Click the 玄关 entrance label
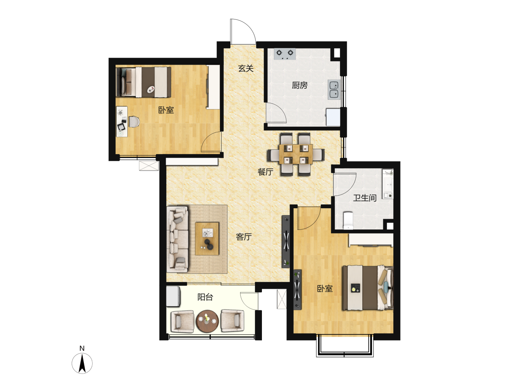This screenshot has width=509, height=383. pyautogui.click(x=246, y=69)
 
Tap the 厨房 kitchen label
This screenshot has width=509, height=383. pyautogui.click(x=300, y=85)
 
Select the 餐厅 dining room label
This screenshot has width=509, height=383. pyautogui.click(x=265, y=172)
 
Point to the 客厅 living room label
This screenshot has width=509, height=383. pyautogui.click(x=244, y=237)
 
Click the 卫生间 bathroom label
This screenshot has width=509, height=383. pyautogui.click(x=365, y=198)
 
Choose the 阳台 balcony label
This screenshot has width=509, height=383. pyautogui.click(x=205, y=297)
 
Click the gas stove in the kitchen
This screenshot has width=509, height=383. pyautogui.click(x=285, y=54)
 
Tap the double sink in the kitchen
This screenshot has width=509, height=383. pyautogui.click(x=334, y=90)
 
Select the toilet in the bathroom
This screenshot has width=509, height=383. pyautogui.click(x=348, y=220)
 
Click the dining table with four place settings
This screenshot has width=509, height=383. pyautogui.click(x=296, y=154)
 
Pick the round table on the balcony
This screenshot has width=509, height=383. pyautogui.click(x=207, y=321)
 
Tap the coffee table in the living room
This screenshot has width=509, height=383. pyautogui.click(x=207, y=239)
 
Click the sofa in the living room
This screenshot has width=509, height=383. pyautogui.click(x=178, y=239)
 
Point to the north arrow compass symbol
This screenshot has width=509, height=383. pyautogui.click(x=82, y=363)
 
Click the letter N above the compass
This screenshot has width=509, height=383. pyautogui.click(x=82, y=348)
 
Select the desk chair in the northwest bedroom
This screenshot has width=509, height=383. pyautogui.click(x=134, y=122)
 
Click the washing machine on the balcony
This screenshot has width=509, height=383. pyautogui.click(x=173, y=297)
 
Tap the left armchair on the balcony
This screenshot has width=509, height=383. pyautogui.click(x=182, y=321)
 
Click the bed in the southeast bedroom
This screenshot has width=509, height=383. pyautogui.click(x=368, y=288)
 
